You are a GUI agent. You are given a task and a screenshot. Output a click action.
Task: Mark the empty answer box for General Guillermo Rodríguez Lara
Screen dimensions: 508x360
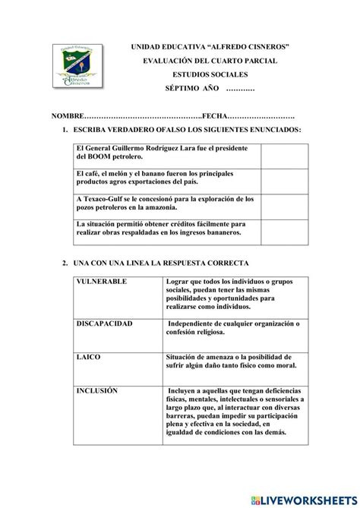[282, 155]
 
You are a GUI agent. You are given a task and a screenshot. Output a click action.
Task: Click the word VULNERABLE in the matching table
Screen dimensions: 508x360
[102, 282]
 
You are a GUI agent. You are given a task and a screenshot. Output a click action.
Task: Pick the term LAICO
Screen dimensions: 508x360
[87, 355]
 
